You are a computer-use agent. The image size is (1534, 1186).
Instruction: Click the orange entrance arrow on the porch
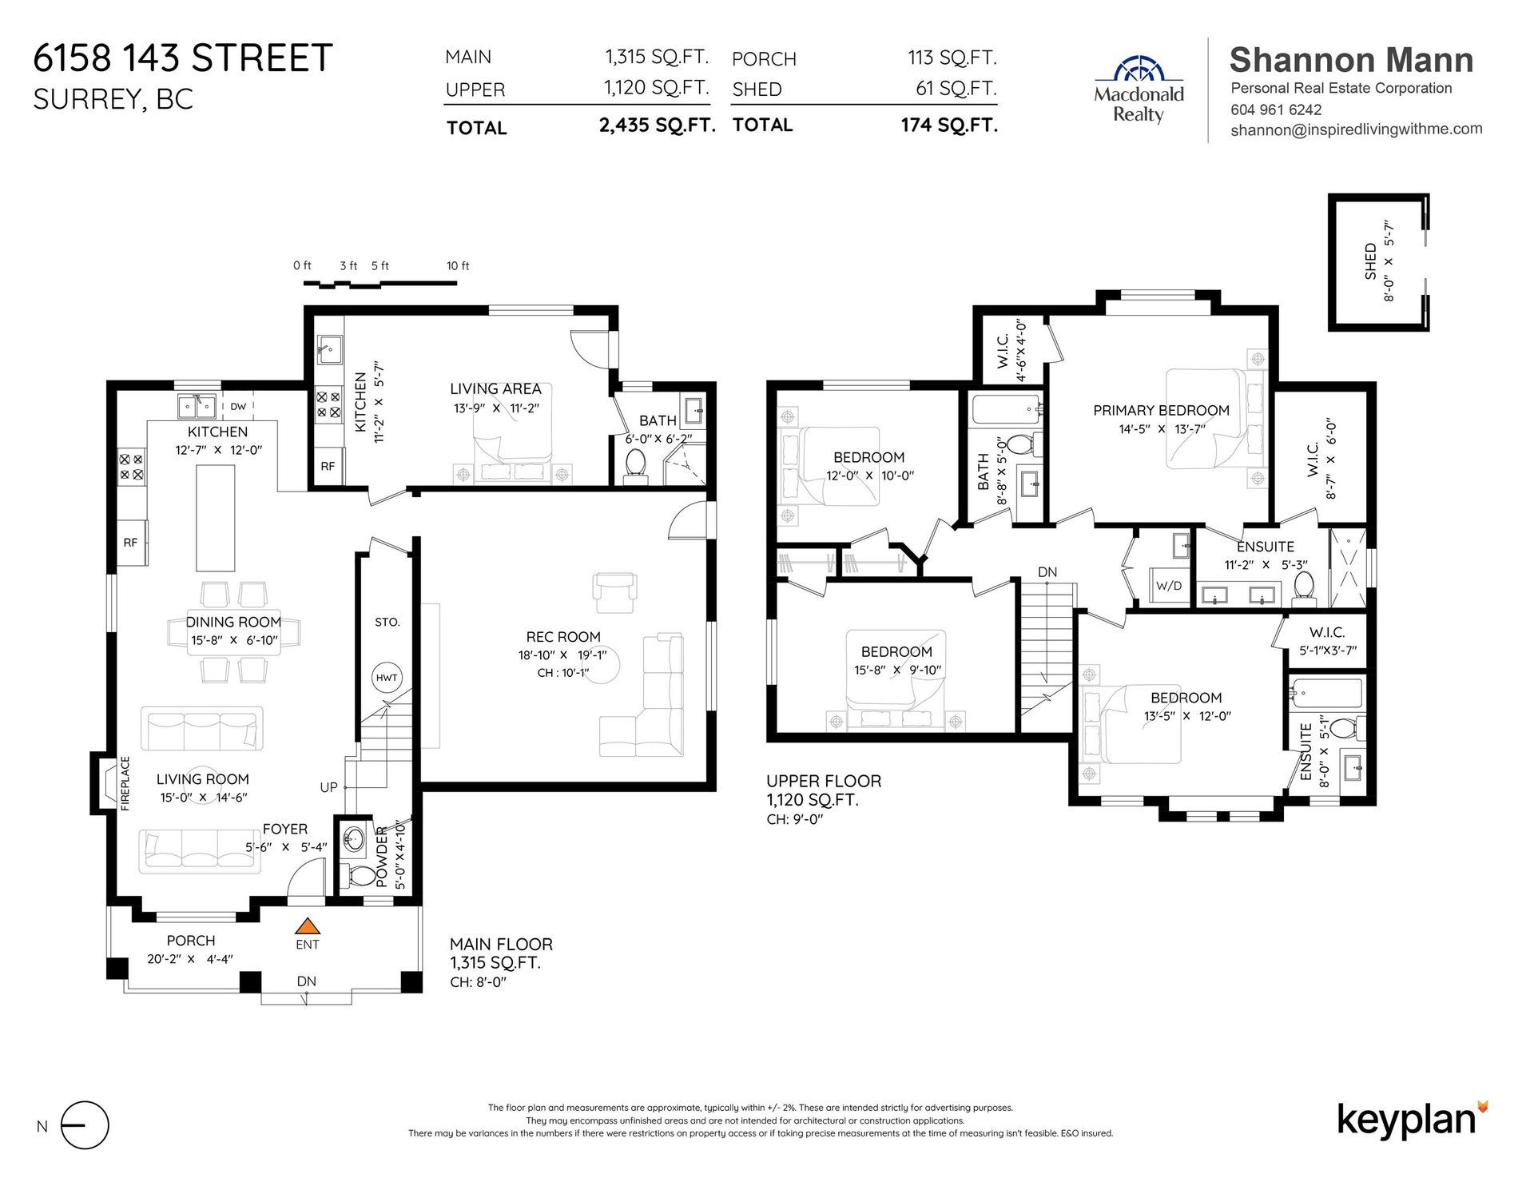click(308, 926)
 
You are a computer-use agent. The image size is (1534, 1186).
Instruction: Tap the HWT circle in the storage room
click(387, 678)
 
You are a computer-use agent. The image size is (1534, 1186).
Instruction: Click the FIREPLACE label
click(125, 783)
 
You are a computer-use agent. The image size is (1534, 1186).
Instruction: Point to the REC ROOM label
click(563, 637)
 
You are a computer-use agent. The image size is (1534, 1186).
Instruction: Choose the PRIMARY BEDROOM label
click(1161, 410)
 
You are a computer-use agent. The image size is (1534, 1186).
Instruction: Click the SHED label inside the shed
click(1370, 261)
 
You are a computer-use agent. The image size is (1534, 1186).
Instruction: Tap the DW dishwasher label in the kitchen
click(238, 406)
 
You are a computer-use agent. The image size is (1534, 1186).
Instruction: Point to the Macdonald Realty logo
click(1139, 89)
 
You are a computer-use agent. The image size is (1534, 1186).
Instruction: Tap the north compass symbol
click(84, 1125)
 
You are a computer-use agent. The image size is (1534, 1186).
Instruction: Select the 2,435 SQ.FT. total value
click(657, 125)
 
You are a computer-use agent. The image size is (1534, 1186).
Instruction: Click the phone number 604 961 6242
click(1276, 109)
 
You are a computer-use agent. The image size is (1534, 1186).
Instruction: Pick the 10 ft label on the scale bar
click(458, 266)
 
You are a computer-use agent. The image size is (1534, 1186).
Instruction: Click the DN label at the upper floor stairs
click(1047, 572)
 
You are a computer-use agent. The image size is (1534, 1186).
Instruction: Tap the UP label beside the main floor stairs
click(328, 787)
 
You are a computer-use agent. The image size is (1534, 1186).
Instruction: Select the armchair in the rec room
click(614, 587)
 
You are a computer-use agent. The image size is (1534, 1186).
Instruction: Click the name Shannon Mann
click(1351, 60)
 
